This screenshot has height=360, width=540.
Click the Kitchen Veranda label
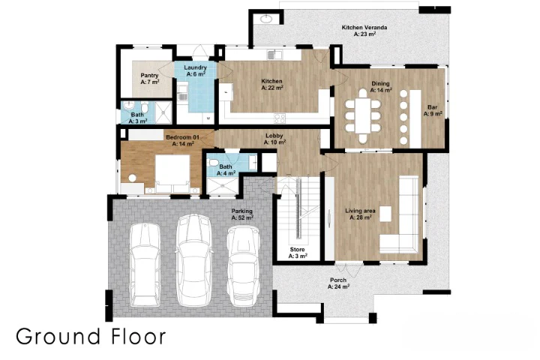coord(364,28)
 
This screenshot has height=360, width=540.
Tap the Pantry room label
coord(149,76)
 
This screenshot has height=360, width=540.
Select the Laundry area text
coord(195,67)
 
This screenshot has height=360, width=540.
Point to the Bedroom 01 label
coord(182,137)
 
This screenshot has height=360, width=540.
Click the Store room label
coord(297,250)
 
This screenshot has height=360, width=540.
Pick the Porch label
coord(338,280)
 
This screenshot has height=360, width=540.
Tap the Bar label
coord(432,107)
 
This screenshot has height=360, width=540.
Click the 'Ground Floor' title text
coord(91,336)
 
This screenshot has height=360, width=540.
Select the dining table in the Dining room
coord(363,115)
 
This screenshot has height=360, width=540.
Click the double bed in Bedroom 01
coord(172,174)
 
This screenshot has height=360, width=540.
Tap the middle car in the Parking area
coord(194,260)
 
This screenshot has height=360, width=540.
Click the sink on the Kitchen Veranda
coord(266,19)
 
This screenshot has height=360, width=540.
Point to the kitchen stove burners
coord(280,118)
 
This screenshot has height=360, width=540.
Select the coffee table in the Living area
coord(385,214)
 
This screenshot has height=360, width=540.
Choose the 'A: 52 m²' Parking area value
coord(242,217)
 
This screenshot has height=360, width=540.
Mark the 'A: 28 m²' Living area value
coord(361,217)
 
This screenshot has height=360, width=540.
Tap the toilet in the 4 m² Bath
coord(214,163)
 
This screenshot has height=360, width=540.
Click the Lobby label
coord(274,136)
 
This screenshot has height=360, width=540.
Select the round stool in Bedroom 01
coord(133,178)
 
